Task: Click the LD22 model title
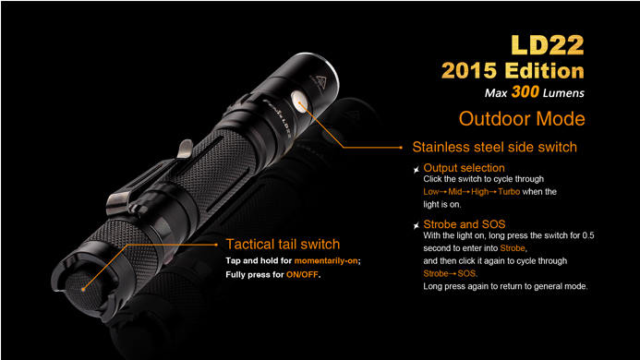click(x=548, y=45)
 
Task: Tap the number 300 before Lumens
click(x=525, y=91)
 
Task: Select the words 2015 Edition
click(x=513, y=70)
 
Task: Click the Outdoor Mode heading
click(x=522, y=119)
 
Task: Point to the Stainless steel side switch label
click(x=494, y=147)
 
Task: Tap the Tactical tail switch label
click(x=283, y=244)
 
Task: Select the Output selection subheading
click(x=464, y=168)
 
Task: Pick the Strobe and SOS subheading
click(x=465, y=224)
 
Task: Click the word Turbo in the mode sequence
click(x=509, y=191)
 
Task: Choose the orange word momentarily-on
click(x=326, y=260)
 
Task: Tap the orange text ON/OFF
click(x=302, y=275)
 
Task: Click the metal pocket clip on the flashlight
click(x=151, y=180)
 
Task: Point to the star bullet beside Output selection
click(x=416, y=170)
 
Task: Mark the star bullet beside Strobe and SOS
click(x=416, y=225)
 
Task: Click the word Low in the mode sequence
click(x=431, y=191)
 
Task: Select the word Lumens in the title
click(x=563, y=93)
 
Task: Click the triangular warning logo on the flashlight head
click(x=322, y=82)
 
